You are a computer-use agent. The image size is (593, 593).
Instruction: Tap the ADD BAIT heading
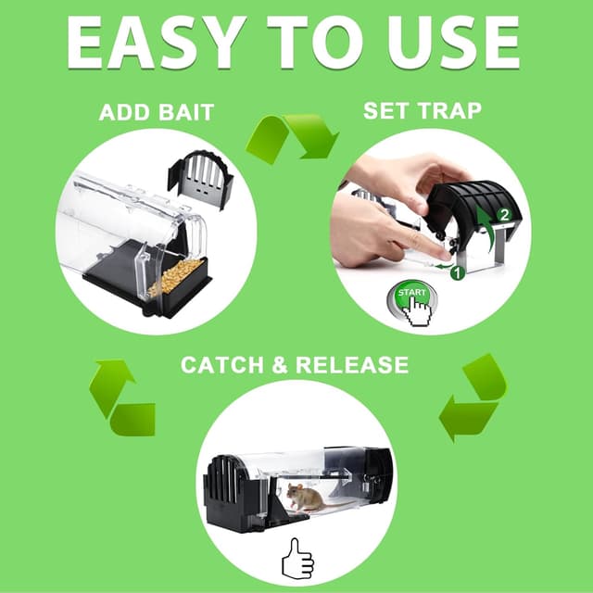[x=157, y=113]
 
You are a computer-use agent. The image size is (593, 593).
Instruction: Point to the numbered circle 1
[x=455, y=273]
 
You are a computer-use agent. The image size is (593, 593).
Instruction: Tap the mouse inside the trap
[x=303, y=497]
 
